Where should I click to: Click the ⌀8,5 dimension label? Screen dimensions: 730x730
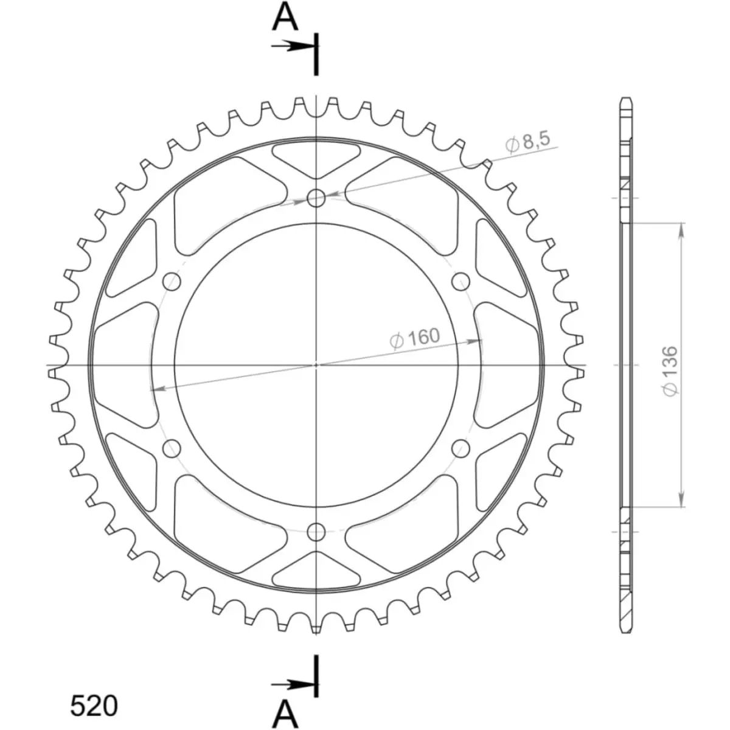click(x=527, y=143)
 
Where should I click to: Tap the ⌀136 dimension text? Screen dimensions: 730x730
click(x=670, y=371)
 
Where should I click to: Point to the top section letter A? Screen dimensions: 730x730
click(x=285, y=18)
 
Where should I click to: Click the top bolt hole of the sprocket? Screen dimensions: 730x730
click(x=316, y=198)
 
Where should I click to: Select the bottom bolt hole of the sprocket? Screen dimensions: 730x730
click(x=316, y=532)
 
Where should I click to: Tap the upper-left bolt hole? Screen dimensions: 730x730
click(x=171, y=282)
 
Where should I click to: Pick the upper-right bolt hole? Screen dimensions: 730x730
click(x=461, y=282)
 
